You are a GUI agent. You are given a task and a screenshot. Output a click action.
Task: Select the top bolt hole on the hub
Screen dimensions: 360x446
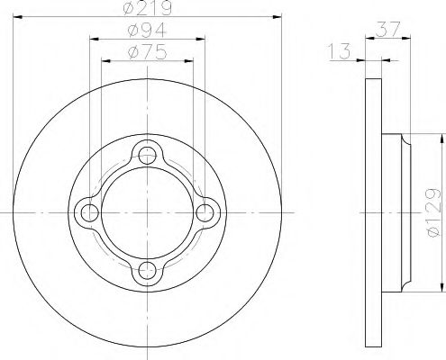[148, 154]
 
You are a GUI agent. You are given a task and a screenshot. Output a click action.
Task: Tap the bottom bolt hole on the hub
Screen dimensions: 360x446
[148, 270]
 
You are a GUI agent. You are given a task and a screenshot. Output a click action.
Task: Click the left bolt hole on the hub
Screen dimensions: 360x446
[89, 212]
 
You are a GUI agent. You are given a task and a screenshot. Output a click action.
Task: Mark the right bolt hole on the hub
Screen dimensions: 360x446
[205, 212]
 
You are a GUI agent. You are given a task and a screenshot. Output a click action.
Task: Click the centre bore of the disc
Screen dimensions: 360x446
[148, 212]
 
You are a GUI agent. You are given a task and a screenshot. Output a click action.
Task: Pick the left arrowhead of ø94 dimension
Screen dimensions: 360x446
[95, 40]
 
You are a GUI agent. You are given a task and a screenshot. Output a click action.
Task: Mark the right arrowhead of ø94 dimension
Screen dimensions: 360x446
[201, 40]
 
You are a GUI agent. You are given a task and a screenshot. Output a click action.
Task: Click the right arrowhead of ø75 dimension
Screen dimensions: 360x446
[190, 61]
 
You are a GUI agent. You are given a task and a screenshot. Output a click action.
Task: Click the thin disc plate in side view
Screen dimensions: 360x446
[371, 212]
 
